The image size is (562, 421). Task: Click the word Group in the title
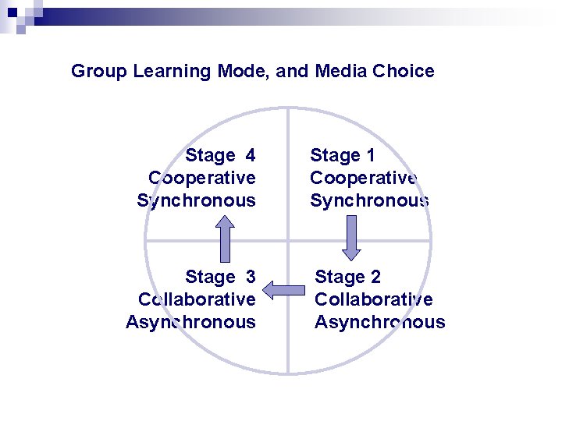pyautogui.click(x=99, y=72)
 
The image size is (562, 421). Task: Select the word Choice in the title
pyautogui.click(x=403, y=71)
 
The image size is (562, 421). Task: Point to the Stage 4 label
pyautogui.click(x=220, y=156)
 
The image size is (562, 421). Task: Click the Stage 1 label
pyautogui.click(x=343, y=156)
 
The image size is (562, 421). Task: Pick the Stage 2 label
pyautogui.click(x=347, y=277)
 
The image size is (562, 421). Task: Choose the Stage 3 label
pyautogui.click(x=220, y=277)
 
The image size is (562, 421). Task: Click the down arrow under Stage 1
pyautogui.click(x=351, y=237)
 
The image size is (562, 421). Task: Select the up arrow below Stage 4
pyautogui.click(x=225, y=237)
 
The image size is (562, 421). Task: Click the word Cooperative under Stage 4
pyautogui.click(x=201, y=178)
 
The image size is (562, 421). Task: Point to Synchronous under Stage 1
pyautogui.click(x=369, y=200)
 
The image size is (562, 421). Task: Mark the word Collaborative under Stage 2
pyautogui.click(x=373, y=299)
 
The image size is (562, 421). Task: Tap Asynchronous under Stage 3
pyautogui.click(x=190, y=322)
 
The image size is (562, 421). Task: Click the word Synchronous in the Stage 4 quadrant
pyautogui.click(x=196, y=200)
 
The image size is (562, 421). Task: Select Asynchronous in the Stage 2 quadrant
pyautogui.click(x=379, y=322)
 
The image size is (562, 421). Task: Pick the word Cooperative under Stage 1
pyautogui.click(x=364, y=178)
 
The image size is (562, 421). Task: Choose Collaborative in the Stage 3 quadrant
pyautogui.click(x=197, y=299)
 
